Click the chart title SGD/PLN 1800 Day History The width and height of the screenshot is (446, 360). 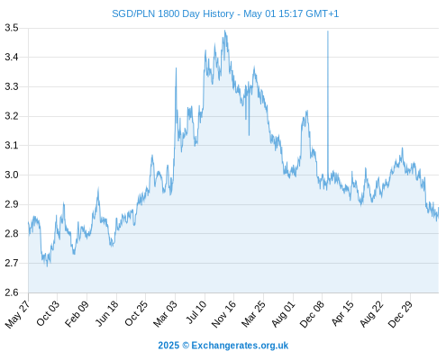click(x=173, y=13)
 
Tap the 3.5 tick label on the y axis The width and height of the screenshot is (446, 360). click(x=12, y=28)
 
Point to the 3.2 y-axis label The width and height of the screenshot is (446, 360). click(x=12, y=116)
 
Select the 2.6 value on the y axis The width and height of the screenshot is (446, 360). click(x=12, y=292)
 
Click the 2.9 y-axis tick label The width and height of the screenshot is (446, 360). click(x=12, y=204)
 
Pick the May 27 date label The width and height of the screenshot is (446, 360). click(x=17, y=314)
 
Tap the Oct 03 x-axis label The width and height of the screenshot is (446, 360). click(x=48, y=313)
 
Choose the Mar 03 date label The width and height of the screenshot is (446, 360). click(x=165, y=313)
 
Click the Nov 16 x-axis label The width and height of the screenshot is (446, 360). click(x=223, y=314)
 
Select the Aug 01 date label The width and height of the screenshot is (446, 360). click(x=284, y=313)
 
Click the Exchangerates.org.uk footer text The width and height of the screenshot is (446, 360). click(x=240, y=346)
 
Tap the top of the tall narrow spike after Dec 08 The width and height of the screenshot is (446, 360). click(x=328, y=31)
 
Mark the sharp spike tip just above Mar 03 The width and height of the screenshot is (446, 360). click(x=176, y=68)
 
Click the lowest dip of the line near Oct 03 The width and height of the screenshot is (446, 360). click(x=47, y=266)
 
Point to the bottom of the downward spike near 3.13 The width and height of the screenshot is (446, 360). click(x=249, y=135)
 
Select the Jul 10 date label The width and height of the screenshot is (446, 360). click(x=196, y=312)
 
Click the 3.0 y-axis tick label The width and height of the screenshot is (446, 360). click(x=12, y=175)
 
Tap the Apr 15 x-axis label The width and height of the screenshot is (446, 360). click(x=342, y=313)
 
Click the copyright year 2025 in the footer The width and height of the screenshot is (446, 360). click(x=168, y=346)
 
